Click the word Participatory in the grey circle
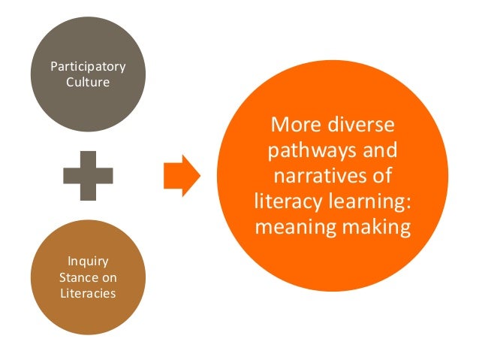[x=88, y=68]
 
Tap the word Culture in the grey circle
[x=88, y=82]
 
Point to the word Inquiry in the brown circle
[x=89, y=262]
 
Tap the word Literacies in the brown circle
[x=89, y=292]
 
